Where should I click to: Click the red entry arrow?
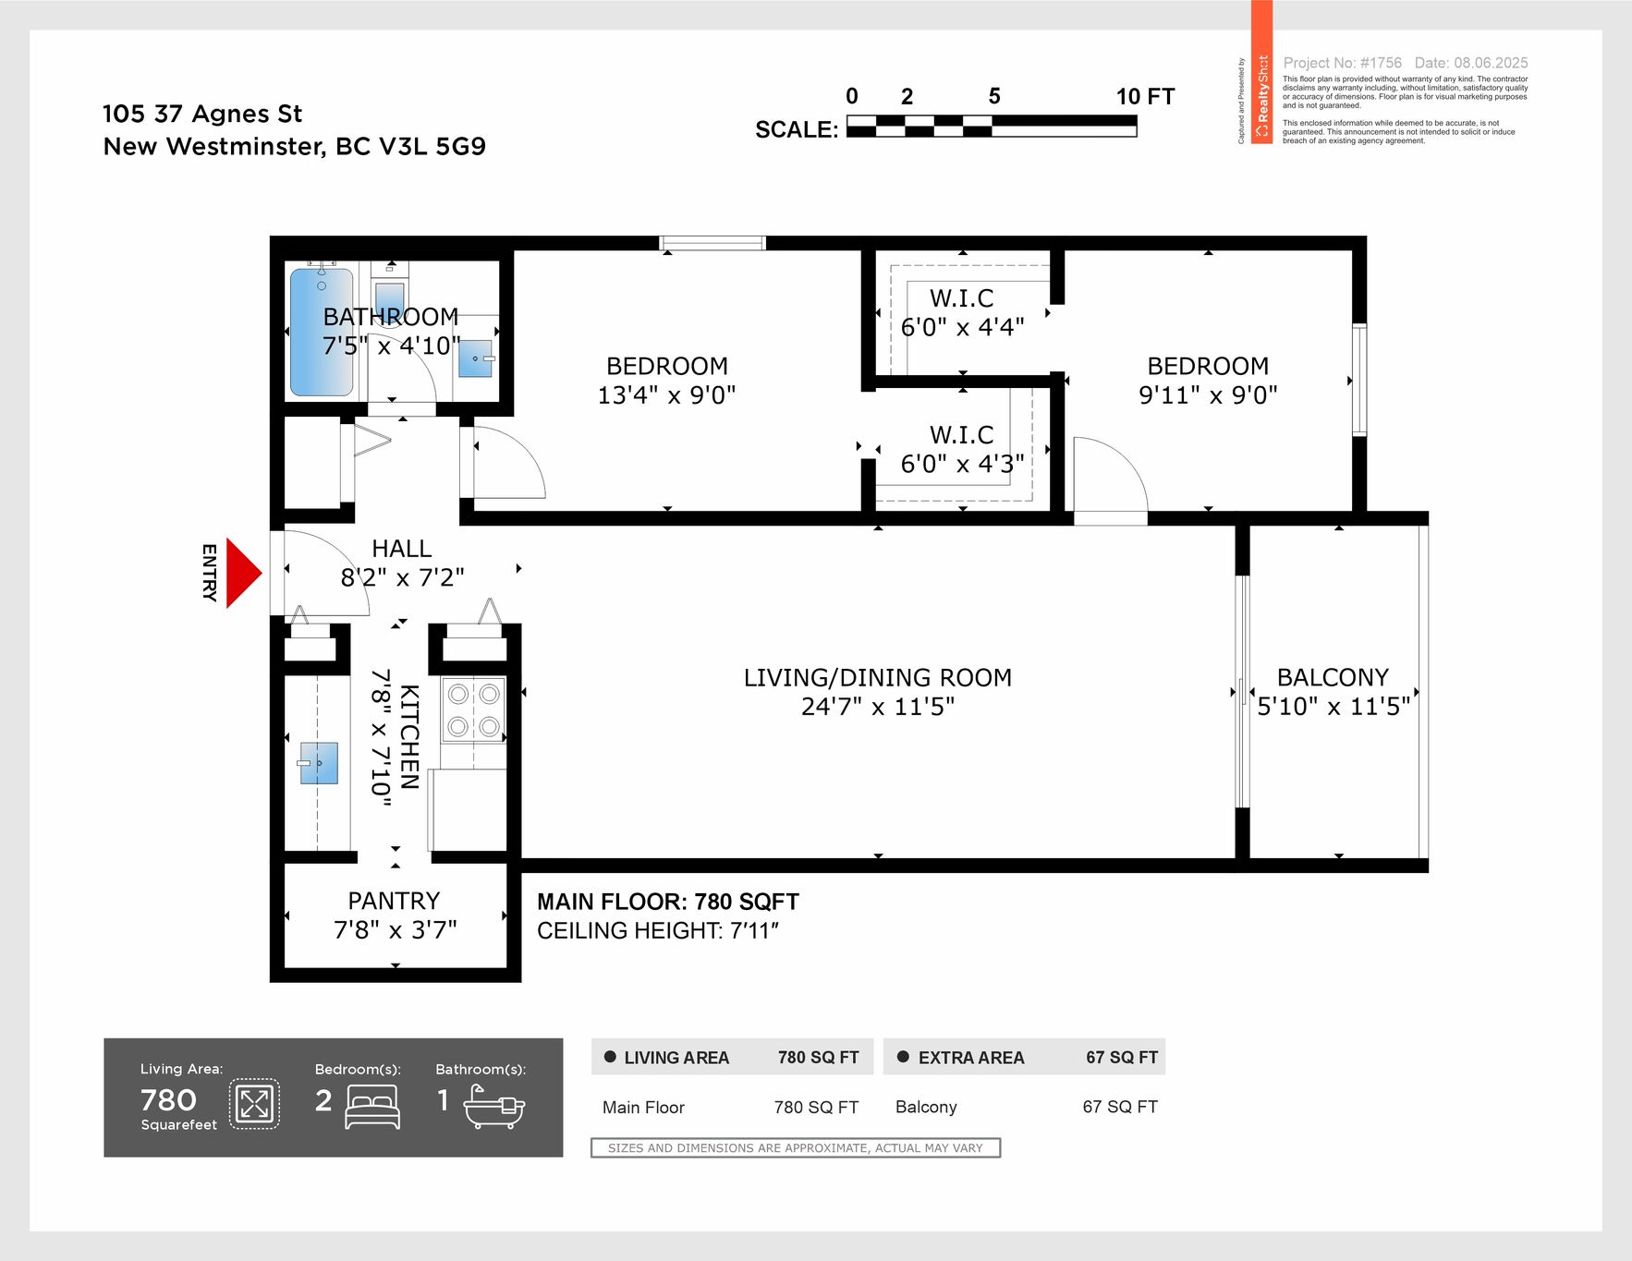pyautogui.click(x=243, y=574)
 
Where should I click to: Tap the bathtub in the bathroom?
pyautogui.click(x=322, y=332)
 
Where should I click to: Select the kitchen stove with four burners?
pyautogui.click(x=473, y=710)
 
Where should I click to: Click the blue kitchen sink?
pyautogui.click(x=319, y=763)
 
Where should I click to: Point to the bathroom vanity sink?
pyautogui.click(x=476, y=358)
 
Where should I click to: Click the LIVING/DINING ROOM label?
pyautogui.click(x=878, y=677)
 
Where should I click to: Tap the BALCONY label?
pyautogui.click(x=1333, y=677)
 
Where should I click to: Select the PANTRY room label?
pyautogui.click(x=394, y=901)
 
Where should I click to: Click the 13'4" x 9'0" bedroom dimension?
pyautogui.click(x=666, y=395)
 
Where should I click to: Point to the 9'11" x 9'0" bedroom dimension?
pyautogui.click(x=1208, y=395)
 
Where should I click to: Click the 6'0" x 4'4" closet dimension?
pyautogui.click(x=962, y=327)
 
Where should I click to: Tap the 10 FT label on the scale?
pyautogui.click(x=1145, y=97)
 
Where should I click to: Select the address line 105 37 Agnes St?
pyautogui.click(x=202, y=114)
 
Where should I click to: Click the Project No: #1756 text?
pyautogui.click(x=1343, y=63)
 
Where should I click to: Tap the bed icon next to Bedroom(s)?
pyautogui.click(x=372, y=1106)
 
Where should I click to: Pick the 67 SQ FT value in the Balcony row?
pyautogui.click(x=1120, y=1107)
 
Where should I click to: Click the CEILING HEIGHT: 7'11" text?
pyautogui.click(x=658, y=931)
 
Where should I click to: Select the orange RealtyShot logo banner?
pyautogui.click(x=1261, y=72)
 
